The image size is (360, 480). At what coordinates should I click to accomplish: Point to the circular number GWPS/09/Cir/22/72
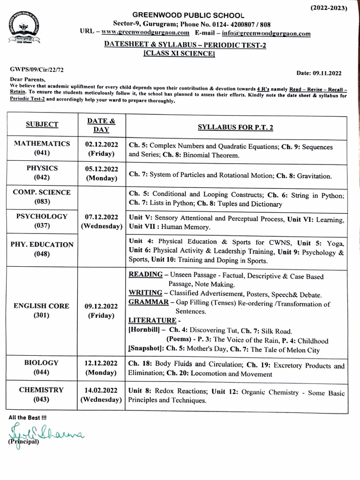pos(37,69)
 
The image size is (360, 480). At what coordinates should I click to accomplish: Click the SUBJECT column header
pos(42,124)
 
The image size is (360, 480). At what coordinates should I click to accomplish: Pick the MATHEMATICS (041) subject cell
pos(42,148)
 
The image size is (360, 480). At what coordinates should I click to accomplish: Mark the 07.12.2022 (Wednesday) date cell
pos(102,221)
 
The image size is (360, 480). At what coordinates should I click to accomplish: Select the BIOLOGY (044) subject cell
pos(42,367)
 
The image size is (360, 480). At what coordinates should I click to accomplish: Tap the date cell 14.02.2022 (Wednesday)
pos(102,395)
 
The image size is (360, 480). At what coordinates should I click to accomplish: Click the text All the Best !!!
pos(28,417)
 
